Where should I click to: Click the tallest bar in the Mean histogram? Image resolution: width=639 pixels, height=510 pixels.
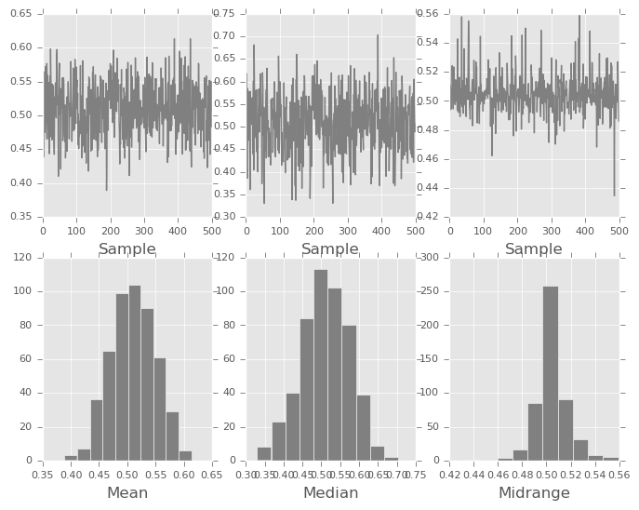coord(135,372)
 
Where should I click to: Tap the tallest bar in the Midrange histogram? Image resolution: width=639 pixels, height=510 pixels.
coord(551,372)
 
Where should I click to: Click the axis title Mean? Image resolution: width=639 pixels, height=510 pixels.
coord(126,492)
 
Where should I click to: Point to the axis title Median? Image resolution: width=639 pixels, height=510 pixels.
coord(330,492)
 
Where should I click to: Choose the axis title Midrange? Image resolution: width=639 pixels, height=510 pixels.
coord(534,492)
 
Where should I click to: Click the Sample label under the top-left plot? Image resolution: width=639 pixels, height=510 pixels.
coord(126,249)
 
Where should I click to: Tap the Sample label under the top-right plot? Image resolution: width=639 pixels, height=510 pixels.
coord(534,249)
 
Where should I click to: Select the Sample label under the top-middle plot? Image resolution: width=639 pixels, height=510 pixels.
coord(330,249)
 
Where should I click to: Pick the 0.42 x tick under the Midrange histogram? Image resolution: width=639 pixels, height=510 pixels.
coord(450,473)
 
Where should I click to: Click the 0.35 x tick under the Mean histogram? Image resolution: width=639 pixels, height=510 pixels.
coord(44,473)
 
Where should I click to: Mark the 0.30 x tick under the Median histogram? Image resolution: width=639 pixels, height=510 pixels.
coord(246,473)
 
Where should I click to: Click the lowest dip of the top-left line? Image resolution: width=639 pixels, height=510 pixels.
coord(106,190)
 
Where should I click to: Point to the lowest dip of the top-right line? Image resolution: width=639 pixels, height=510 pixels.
coord(614,195)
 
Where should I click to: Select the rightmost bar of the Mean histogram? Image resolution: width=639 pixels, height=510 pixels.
coord(185,455)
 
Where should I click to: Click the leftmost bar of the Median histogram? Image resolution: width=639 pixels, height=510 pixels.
coord(264,453)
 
